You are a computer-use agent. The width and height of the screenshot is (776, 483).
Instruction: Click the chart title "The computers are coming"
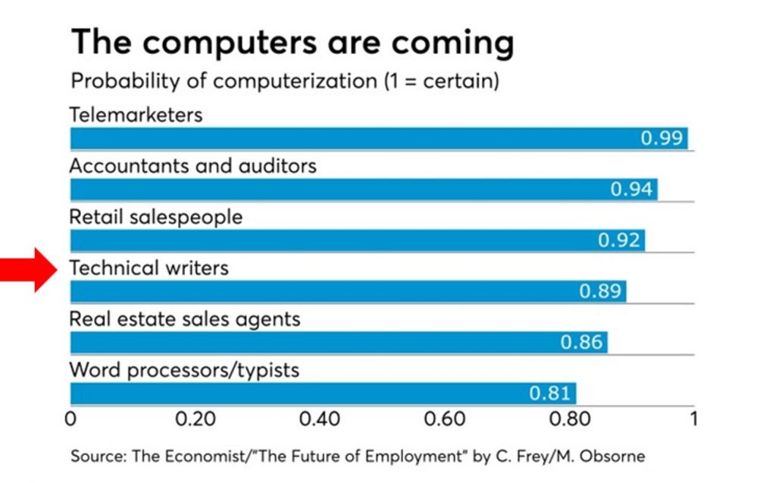tap(292, 43)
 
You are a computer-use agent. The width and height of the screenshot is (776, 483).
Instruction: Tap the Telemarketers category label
tap(136, 114)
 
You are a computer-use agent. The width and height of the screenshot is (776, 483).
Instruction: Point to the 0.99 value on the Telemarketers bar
tap(662, 139)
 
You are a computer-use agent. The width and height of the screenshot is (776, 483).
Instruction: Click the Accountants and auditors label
tap(192, 165)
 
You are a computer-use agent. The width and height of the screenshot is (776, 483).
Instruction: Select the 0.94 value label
tap(631, 190)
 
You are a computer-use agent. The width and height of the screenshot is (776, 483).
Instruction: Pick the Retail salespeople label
tap(155, 217)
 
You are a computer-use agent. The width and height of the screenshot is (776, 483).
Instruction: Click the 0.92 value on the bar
tap(619, 241)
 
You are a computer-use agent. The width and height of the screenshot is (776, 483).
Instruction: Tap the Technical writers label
tap(149, 268)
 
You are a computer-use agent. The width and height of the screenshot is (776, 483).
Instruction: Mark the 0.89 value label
tap(600, 292)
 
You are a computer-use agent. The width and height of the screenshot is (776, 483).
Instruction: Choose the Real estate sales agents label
tap(184, 319)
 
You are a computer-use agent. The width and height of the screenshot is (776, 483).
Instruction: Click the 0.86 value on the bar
tap(581, 343)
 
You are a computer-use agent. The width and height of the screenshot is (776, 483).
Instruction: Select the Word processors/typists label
tap(184, 370)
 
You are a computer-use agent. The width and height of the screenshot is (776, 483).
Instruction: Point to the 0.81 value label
tap(550, 394)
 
